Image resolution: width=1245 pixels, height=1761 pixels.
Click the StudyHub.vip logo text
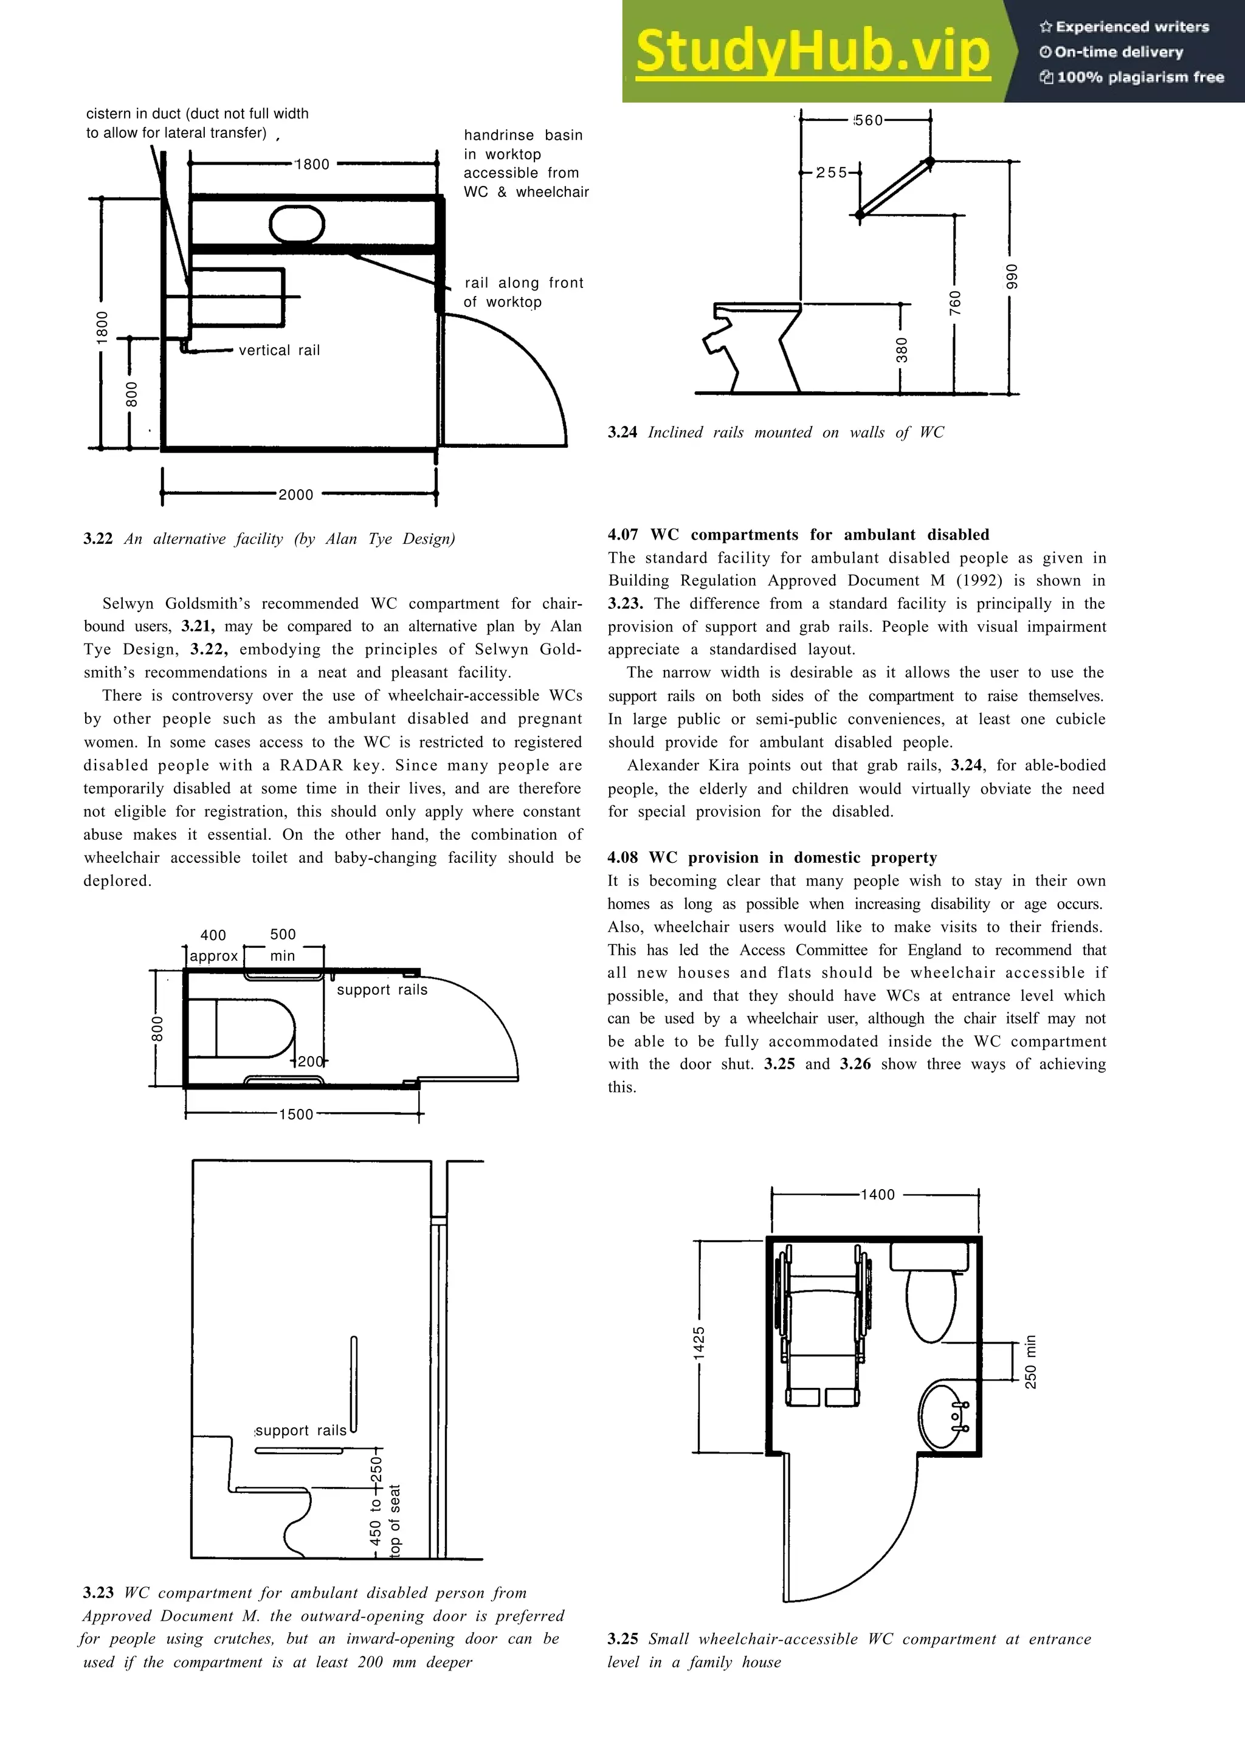tap(812, 52)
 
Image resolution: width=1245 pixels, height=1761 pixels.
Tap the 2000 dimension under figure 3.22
tap(295, 495)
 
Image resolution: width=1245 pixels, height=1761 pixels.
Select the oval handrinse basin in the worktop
tap(296, 224)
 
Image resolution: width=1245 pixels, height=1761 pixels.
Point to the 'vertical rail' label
tap(279, 351)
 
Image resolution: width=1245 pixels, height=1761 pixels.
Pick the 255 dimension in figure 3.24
tap(832, 173)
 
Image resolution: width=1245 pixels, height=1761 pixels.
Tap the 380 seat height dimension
tap(902, 350)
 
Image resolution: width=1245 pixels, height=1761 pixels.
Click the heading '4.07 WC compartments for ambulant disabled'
tap(798, 535)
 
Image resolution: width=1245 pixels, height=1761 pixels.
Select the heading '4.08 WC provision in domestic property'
tap(771, 857)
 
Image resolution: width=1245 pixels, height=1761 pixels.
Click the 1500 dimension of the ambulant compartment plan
tap(296, 1114)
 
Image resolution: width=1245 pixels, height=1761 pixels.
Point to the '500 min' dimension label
tap(282, 945)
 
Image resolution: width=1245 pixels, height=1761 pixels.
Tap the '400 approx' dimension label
tap(213, 945)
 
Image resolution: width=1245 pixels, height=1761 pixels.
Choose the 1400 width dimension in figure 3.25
tap(878, 1194)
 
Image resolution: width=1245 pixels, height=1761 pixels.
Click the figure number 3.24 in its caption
tap(622, 433)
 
